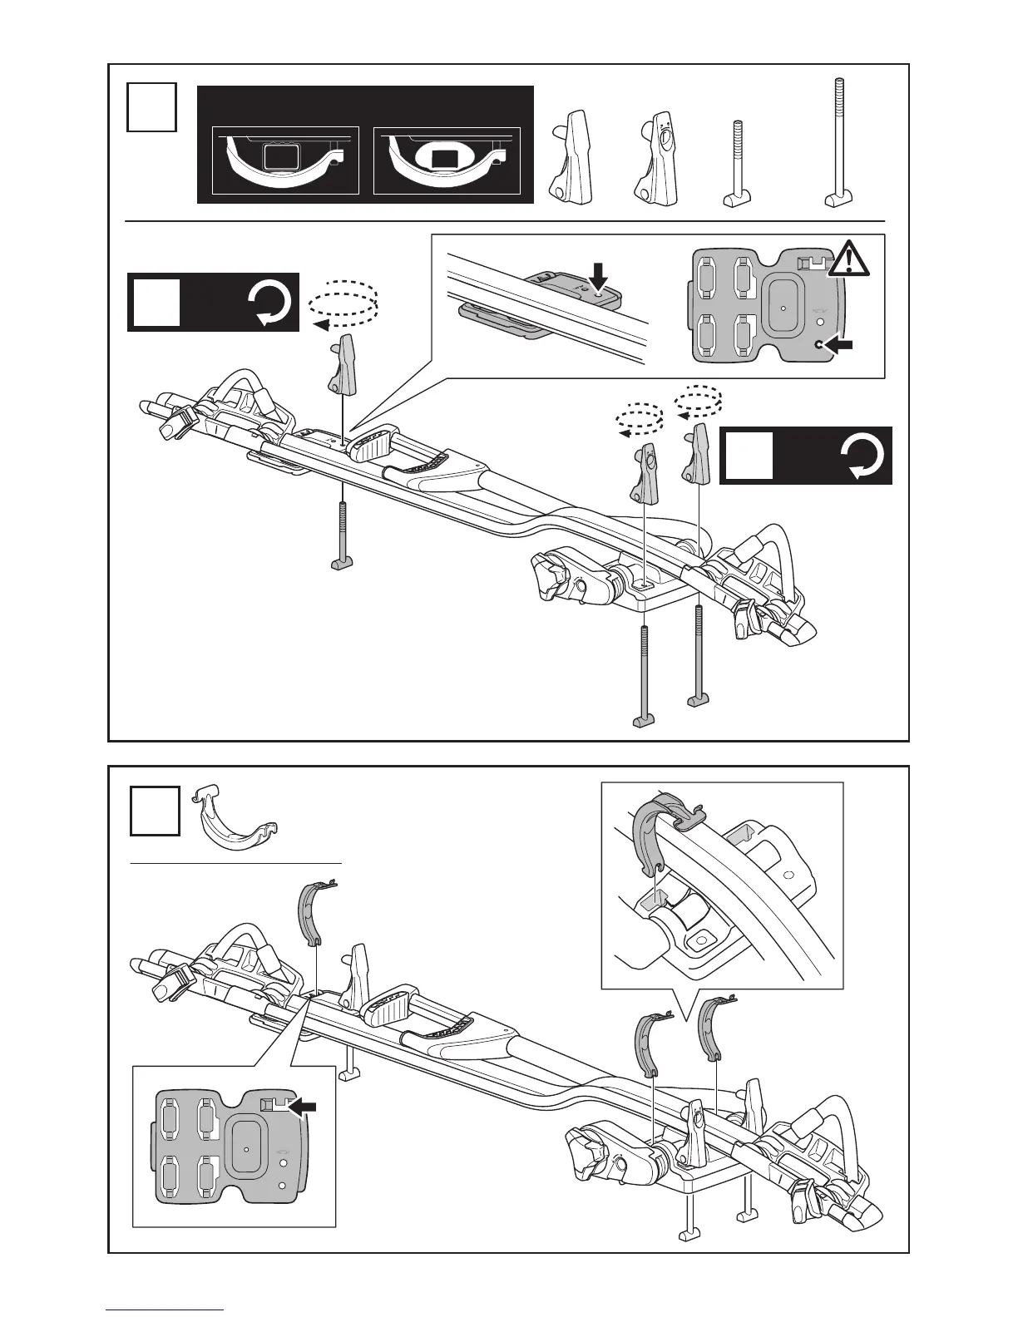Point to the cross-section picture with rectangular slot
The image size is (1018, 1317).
coord(285,160)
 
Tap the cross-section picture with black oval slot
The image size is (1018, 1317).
coord(447,160)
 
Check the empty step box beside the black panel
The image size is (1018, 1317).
coord(151,106)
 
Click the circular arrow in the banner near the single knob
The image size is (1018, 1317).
coord(271,303)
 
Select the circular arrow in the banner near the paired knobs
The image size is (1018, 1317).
coord(864,456)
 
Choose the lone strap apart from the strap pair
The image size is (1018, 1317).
coord(311,914)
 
